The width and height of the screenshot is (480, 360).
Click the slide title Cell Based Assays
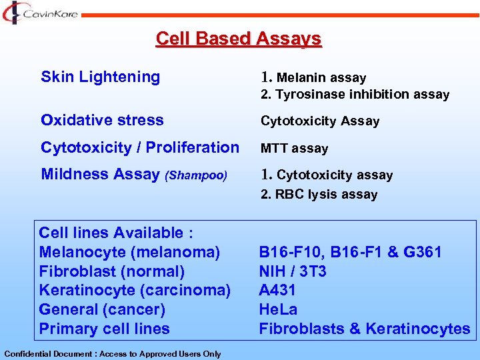coord(238,39)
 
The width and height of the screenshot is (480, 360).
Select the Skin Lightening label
coord(100,77)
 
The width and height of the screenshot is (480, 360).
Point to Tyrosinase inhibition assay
coord(355,95)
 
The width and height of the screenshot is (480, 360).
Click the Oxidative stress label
coord(101,120)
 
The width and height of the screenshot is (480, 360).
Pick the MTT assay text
coord(294,148)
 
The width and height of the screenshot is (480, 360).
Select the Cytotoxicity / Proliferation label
coord(139,147)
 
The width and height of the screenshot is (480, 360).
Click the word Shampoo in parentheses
coord(197,175)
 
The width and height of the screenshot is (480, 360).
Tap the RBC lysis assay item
coord(319,195)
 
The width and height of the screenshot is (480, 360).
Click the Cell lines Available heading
coord(116,233)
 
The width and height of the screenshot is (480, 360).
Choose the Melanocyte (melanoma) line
coord(129,252)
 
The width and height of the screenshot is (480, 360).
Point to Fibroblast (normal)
coord(111,271)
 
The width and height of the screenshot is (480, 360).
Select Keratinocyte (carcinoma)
coord(135,290)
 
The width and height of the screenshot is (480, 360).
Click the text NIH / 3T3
coord(292,271)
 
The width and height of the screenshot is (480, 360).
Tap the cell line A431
coord(277,290)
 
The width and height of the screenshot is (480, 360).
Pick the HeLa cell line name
coord(278,309)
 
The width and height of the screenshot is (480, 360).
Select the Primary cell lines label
coord(104,329)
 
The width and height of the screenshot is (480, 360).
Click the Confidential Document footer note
coord(112,354)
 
